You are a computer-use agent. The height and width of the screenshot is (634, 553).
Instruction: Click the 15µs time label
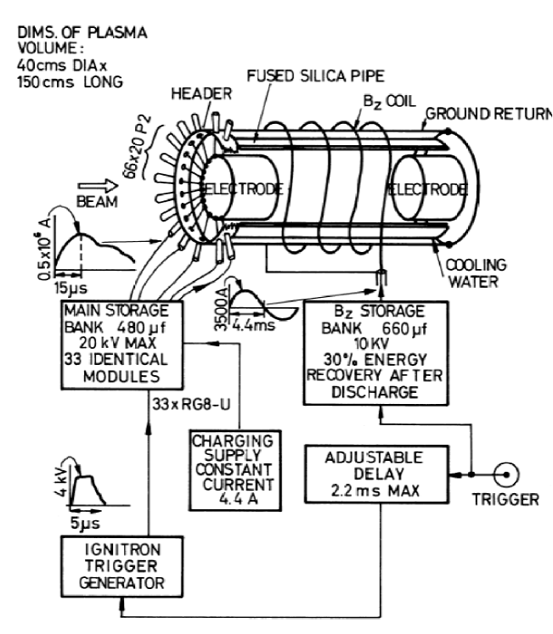pyautogui.click(x=72, y=289)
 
